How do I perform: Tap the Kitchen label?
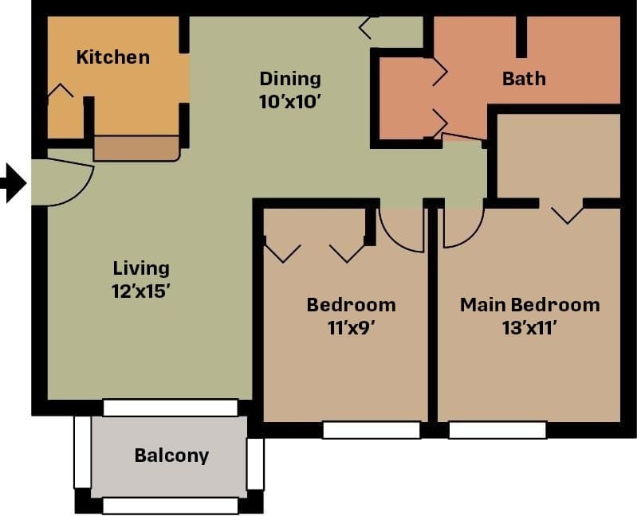coord(112,57)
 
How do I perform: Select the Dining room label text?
coord(290,79)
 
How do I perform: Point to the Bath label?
coord(524,79)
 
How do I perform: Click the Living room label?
coord(140,268)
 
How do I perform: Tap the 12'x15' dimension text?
coord(140,291)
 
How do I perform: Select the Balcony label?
coord(171,455)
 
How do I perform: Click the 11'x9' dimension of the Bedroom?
coord(351,327)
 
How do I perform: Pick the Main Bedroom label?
coord(529,305)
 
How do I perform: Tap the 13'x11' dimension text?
coord(529,327)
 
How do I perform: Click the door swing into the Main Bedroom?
coord(462,228)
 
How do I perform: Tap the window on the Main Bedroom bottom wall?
coord(497,430)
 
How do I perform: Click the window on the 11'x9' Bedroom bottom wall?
coord(371,430)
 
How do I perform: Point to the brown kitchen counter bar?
coord(136,148)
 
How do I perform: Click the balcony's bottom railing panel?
coord(171,506)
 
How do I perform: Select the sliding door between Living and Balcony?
coord(171,408)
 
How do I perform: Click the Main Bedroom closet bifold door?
coord(567,213)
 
